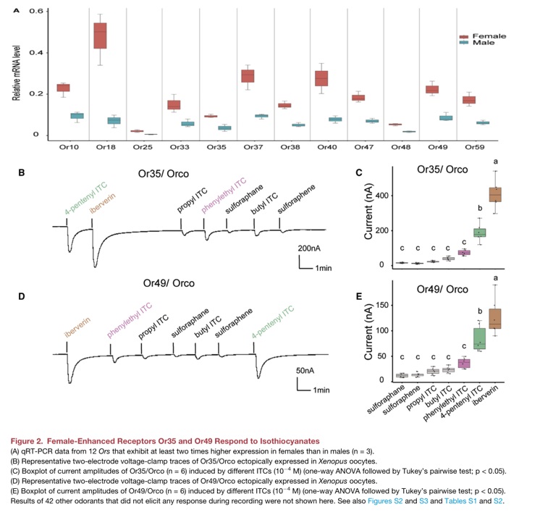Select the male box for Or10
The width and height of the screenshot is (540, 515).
click(x=77, y=116)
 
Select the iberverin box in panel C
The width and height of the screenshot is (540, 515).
click(x=495, y=195)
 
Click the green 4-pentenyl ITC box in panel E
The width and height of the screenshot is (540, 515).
click(x=479, y=335)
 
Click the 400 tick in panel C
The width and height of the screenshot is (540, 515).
click(x=379, y=196)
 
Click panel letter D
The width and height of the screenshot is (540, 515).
click(x=21, y=296)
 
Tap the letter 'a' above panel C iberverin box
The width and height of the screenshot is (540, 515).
click(x=496, y=162)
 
